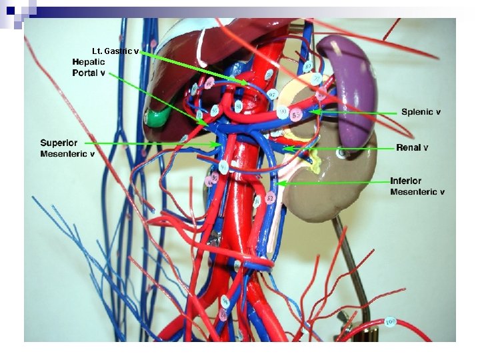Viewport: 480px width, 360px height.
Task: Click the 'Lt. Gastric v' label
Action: pyautogui.click(x=115, y=51)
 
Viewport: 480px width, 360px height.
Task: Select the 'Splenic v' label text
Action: pyautogui.click(x=421, y=112)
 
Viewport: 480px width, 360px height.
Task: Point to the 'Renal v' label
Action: pyautogui.click(x=412, y=147)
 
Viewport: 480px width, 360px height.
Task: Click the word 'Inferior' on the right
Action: pyautogui.click(x=405, y=181)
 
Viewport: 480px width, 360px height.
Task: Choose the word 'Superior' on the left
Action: pyautogui.click(x=59, y=143)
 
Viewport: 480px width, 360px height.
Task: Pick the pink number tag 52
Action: pyautogui.click(x=270, y=198)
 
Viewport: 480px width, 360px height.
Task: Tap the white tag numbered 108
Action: pyautogui.click(x=391, y=322)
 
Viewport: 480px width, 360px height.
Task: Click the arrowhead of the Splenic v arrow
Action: pyautogui.click(x=309, y=113)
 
